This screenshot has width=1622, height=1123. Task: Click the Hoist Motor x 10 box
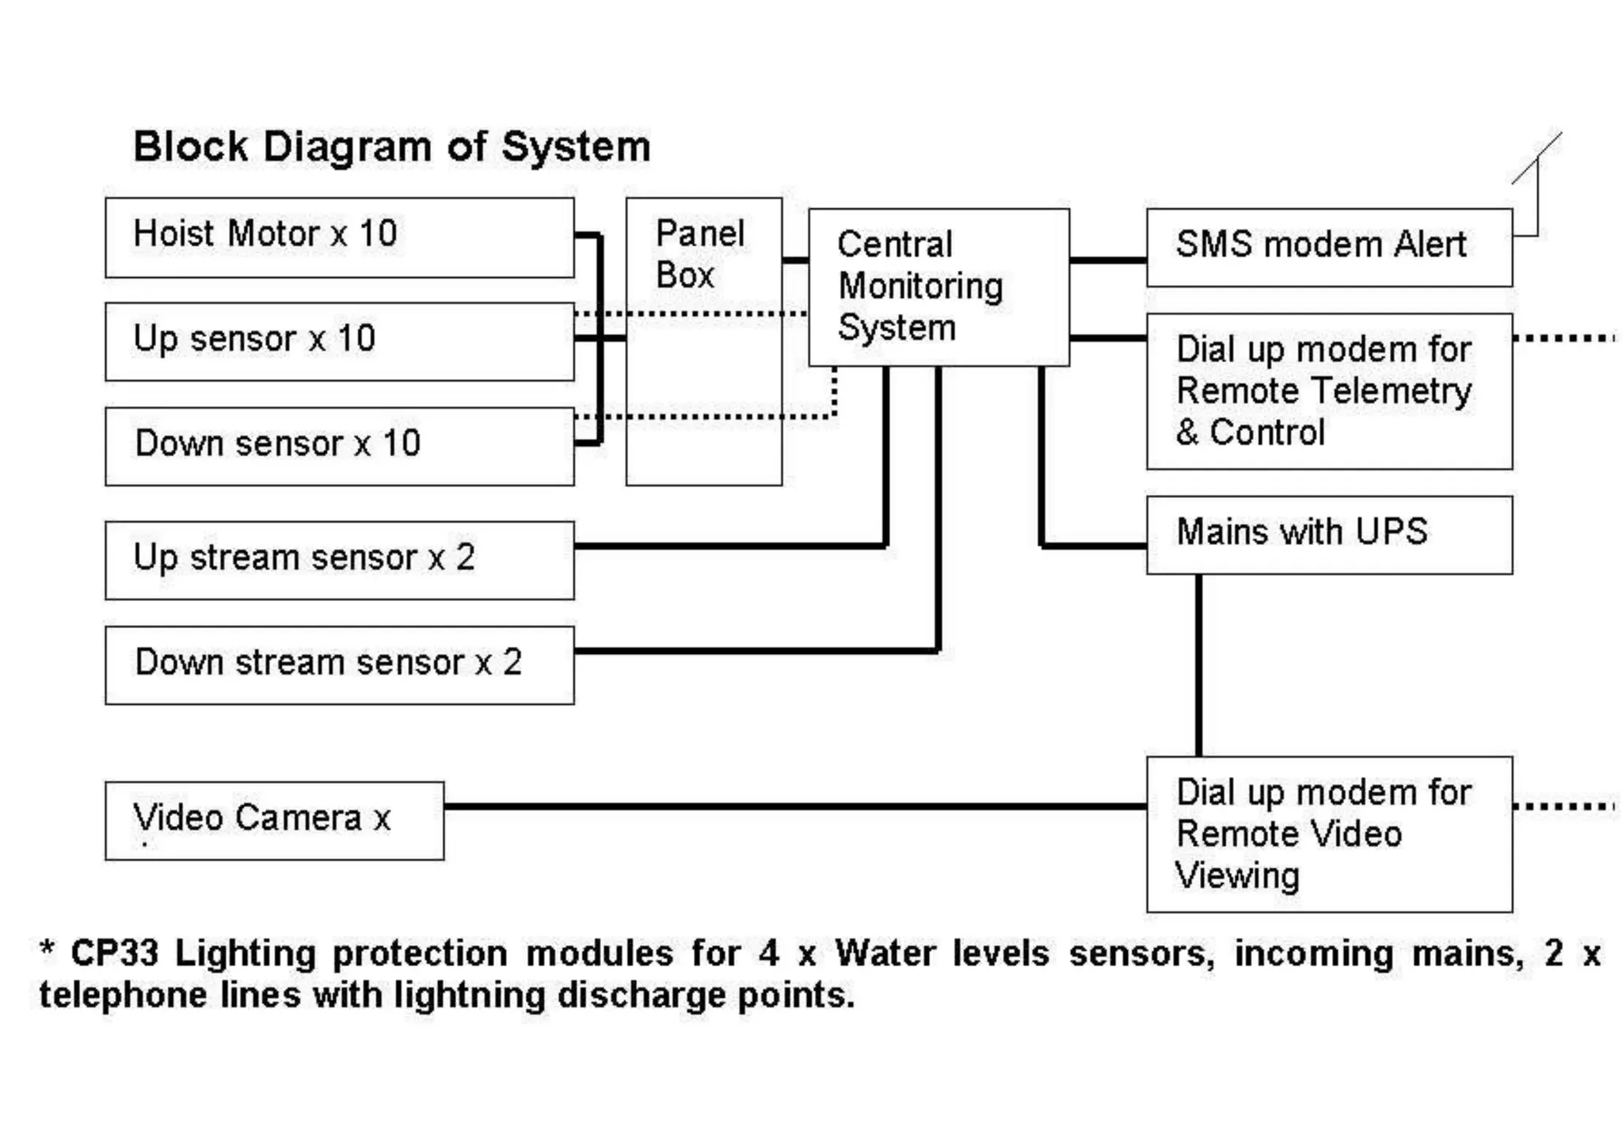pyautogui.click(x=339, y=237)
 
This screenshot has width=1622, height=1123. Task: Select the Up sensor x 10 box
pyautogui.click(x=339, y=341)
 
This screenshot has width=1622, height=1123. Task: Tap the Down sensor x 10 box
pyautogui.click(x=339, y=446)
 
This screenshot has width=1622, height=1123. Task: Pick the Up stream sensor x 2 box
pyautogui.click(x=339, y=560)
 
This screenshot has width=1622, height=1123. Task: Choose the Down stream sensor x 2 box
pyautogui.click(x=339, y=664)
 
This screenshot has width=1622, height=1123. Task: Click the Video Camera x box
pyautogui.click(x=274, y=820)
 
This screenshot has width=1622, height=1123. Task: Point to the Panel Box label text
pyautogui.click(x=699, y=255)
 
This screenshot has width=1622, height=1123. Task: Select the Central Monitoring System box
pyautogui.click(x=939, y=287)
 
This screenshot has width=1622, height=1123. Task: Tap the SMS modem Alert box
pyautogui.click(x=1329, y=247)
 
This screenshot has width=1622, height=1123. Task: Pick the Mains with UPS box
pyautogui.click(x=1329, y=535)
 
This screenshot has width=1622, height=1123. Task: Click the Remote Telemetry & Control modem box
pyautogui.click(x=1329, y=391)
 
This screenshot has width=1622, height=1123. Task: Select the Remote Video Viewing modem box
pyautogui.click(x=1329, y=834)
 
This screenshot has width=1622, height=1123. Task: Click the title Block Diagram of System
pyautogui.click(x=392, y=147)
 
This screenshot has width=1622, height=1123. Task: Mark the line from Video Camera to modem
pyautogui.click(x=792, y=806)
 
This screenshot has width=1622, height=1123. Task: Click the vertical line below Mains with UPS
pyautogui.click(x=1198, y=665)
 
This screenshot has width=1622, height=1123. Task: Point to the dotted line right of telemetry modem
pyautogui.click(x=1564, y=338)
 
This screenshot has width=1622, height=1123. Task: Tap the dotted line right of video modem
pyautogui.click(x=1564, y=806)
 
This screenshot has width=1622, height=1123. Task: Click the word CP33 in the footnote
pyautogui.click(x=114, y=953)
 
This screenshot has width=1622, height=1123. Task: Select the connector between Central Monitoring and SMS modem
pyautogui.click(x=1107, y=259)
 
